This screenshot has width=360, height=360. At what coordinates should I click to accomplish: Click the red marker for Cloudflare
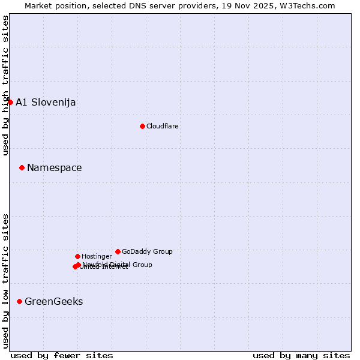coord(142,126)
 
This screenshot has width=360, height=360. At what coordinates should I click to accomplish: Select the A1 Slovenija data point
coord(10,102)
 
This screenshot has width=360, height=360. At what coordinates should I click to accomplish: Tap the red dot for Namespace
coord(22,167)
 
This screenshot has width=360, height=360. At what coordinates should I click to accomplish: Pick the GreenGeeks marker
coord(19,301)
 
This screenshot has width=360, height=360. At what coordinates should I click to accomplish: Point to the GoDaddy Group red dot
coord(118,251)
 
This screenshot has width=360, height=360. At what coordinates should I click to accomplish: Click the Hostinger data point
coord(77,256)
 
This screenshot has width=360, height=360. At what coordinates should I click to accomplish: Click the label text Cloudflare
coord(162,126)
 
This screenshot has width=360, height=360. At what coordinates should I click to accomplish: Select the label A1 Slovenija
coord(46,102)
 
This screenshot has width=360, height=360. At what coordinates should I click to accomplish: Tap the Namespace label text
coord(54,167)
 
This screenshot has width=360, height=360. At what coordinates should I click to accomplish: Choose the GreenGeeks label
coord(53,301)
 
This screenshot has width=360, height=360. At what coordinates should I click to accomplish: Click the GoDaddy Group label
coord(147,251)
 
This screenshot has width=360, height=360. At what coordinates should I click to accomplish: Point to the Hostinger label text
coord(97,256)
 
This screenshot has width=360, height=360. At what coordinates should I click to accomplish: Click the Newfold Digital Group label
coord(118,265)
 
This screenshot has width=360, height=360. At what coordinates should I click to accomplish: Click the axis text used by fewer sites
coord(62,355)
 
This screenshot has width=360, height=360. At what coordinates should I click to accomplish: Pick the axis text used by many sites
coord(301,355)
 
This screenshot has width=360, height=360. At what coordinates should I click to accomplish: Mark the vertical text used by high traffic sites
coord(5,86)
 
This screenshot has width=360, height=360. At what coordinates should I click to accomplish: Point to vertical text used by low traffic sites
coord(5,280)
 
